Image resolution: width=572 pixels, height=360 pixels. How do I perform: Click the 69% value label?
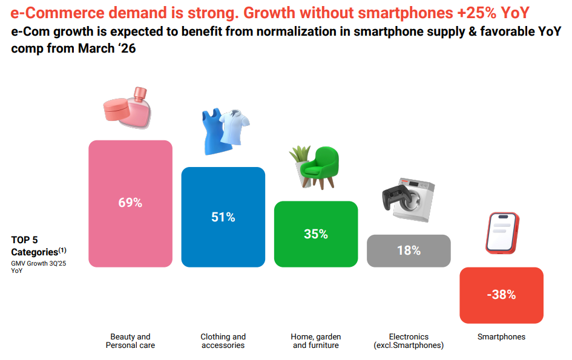[x=130, y=203]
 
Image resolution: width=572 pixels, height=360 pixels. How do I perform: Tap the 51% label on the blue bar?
[x=223, y=217]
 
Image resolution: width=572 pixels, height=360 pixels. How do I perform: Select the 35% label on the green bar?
[x=315, y=234]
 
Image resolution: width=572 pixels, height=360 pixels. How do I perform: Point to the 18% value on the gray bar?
[x=409, y=250]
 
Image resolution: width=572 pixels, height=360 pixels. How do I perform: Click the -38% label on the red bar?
[x=501, y=295]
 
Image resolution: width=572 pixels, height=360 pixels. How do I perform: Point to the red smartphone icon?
[x=501, y=232]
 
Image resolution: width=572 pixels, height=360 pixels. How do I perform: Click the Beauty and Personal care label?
[x=130, y=341]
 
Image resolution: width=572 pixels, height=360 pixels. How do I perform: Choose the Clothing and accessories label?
[x=223, y=341]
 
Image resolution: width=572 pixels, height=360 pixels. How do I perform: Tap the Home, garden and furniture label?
[x=316, y=341]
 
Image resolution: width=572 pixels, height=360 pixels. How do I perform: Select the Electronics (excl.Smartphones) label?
[x=409, y=341]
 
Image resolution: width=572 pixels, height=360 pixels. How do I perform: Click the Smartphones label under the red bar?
[x=501, y=337]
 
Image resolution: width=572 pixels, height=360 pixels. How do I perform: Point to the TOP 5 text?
[x=24, y=240]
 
